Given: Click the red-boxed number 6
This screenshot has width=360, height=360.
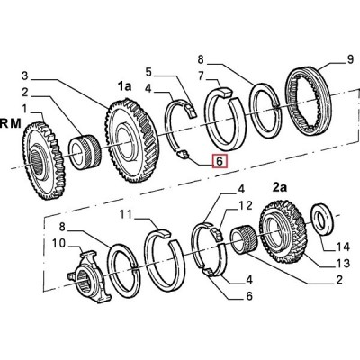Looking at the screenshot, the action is coord(220,161).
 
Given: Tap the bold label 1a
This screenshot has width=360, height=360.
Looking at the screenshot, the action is coord(124,86).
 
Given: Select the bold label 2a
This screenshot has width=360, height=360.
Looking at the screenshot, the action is coord(279,187).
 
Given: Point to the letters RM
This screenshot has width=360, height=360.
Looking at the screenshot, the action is coord(11,124).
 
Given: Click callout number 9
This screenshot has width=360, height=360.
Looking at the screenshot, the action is coord(350,59).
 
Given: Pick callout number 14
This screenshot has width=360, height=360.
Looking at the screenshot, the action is coord(342,247).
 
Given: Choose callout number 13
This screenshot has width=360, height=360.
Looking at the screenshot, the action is coord(342,263).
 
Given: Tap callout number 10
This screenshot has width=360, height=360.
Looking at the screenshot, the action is coord(58,243).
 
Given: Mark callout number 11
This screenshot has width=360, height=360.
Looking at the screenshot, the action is coord(127,215).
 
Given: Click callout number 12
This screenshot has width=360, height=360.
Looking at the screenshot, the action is coord(246,205).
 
